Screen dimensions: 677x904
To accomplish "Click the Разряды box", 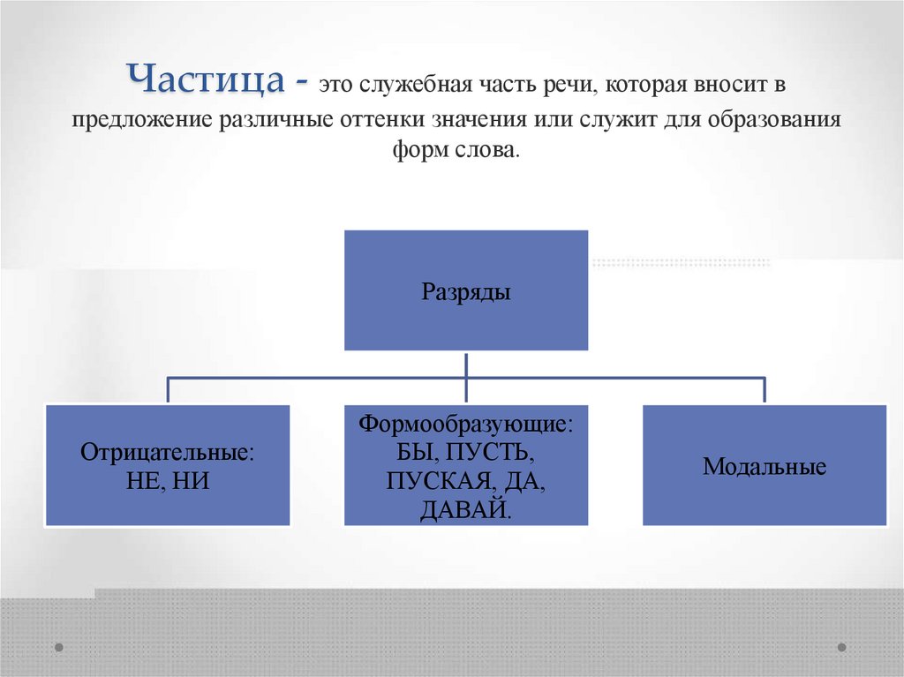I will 465,290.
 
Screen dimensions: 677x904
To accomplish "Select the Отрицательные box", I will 168,465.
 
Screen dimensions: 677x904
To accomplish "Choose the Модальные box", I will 765,465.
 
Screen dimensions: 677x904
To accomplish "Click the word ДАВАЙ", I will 464,509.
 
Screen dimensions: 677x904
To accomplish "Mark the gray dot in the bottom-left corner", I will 59,646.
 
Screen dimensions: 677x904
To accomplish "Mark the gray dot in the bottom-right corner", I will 841,646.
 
